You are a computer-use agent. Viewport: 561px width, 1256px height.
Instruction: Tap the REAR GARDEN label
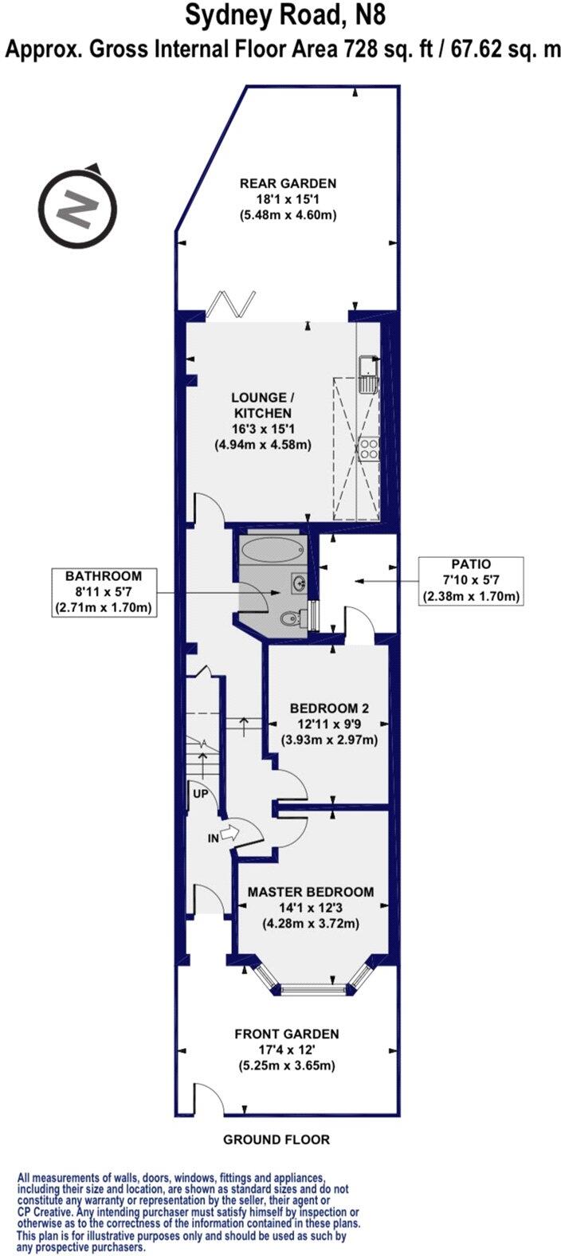pyautogui.click(x=288, y=183)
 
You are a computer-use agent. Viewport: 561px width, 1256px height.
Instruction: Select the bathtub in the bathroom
pyautogui.click(x=272, y=550)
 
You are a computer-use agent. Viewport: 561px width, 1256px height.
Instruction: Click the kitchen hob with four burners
pyautogui.click(x=368, y=449)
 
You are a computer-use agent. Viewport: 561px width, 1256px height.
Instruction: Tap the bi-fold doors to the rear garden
pyautogui.click(x=231, y=304)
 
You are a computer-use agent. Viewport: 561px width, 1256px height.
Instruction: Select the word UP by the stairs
pyautogui.click(x=199, y=795)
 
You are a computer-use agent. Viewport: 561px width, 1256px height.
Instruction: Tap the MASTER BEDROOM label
pyautogui.click(x=310, y=892)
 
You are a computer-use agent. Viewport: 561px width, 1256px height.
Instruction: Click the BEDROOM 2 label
pyautogui.click(x=328, y=708)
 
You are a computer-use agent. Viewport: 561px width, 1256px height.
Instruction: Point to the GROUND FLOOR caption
pyautogui.click(x=276, y=1139)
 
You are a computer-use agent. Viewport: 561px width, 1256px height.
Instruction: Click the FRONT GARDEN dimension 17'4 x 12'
pyautogui.click(x=286, y=1050)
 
